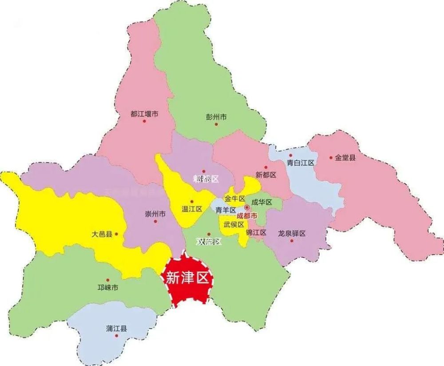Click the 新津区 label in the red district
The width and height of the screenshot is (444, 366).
tap(186, 278)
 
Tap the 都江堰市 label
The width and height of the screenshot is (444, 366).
tap(145, 114)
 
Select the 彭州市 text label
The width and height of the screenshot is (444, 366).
tap(216, 117)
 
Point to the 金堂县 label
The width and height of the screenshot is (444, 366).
tap(345, 157)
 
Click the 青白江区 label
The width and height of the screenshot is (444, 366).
tap(300, 163)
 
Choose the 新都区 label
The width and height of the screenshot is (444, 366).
tap(266, 175)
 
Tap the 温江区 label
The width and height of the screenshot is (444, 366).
tap(192, 209)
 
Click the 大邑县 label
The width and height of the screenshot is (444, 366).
tap(102, 234)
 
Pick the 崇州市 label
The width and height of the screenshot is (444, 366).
tap(155, 214)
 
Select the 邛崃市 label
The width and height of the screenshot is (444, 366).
tap(108, 288)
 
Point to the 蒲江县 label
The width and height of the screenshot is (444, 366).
tap(116, 329)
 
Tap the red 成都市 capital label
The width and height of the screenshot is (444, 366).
tap(247, 216)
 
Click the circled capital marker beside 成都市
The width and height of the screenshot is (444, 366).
tap(247, 207)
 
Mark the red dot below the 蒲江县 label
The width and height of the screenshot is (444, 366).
tap(116, 336)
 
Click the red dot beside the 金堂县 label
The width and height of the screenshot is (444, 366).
tap(331, 158)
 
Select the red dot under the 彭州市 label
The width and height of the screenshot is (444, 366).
tap(216, 124)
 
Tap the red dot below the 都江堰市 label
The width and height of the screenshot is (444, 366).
tap(144, 121)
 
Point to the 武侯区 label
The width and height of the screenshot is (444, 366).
tap(234, 224)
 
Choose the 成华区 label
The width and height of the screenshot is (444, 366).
tap(262, 202)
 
